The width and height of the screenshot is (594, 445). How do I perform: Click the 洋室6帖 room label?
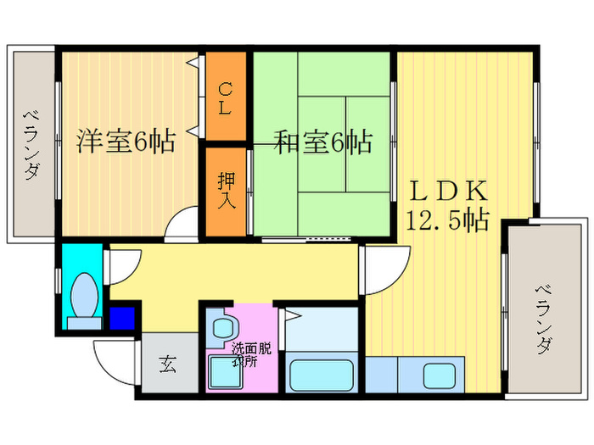click(x=126, y=142)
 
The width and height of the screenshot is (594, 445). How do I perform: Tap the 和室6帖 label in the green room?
click(x=323, y=142)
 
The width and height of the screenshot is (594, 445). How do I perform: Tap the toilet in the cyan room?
click(x=84, y=301)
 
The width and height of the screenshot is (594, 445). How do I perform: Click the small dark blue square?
click(x=122, y=318)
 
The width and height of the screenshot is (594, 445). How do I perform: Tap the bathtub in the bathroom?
click(x=322, y=374)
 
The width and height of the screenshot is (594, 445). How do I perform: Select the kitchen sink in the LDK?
click(x=440, y=374)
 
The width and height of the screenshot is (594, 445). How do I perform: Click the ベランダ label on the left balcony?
click(x=30, y=144)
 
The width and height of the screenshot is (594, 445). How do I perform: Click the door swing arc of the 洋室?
click(x=180, y=226)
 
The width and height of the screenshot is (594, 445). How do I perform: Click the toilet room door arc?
click(x=119, y=264)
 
